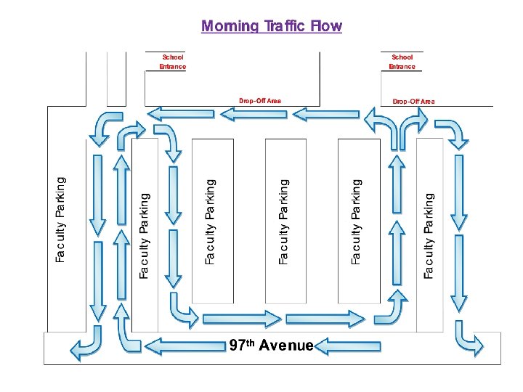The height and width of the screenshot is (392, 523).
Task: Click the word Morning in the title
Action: tap(230, 27)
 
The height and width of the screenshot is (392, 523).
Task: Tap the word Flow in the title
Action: tap(325, 27)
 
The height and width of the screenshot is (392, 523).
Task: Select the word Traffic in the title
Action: tap(284, 27)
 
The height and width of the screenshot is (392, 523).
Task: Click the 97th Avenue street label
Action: tap(272, 345)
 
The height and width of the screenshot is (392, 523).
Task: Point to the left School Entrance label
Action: tap(173, 62)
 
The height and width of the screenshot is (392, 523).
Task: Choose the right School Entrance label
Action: tap(402, 62)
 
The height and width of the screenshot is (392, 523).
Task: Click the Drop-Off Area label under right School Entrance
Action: tap(413, 102)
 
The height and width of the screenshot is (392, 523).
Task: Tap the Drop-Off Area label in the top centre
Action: tap(260, 100)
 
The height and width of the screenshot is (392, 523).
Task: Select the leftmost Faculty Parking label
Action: tap(61, 219)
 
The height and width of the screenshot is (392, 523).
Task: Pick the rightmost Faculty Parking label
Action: tap(429, 235)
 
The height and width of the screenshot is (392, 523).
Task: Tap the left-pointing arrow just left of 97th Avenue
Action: tap(185, 346)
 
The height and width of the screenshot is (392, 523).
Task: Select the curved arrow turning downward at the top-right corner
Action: tap(458, 134)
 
